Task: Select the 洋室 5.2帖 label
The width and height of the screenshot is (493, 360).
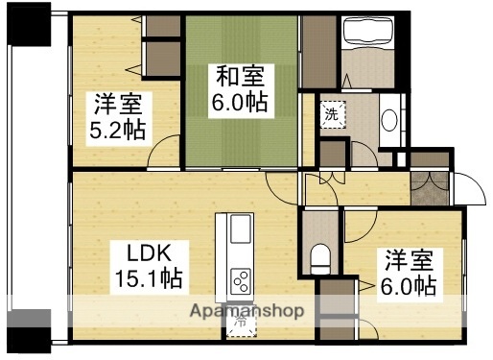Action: click(119, 114)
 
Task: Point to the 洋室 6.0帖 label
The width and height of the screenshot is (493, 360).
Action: click(411, 272)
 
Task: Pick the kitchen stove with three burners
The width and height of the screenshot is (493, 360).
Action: click(241, 282)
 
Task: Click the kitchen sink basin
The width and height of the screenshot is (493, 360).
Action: click(240, 229)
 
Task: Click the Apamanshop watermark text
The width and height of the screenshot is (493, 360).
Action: click(247, 311)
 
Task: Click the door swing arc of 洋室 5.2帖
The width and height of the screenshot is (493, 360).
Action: click(168, 152)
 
